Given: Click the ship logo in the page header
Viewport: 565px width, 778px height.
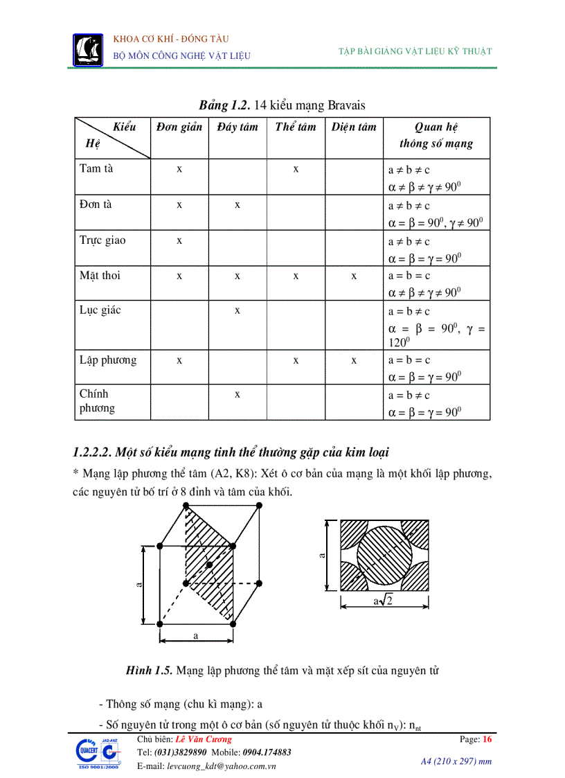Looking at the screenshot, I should pos(88,50).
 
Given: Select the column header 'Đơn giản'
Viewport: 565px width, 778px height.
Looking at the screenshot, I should pos(179,127).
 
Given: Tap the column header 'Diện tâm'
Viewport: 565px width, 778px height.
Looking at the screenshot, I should pos(353,127).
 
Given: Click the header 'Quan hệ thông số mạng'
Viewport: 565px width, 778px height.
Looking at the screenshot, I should pos(436,135).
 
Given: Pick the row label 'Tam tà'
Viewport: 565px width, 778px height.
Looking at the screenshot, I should pos(96,168).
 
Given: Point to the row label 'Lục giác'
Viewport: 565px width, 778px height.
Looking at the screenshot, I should pos(100,310).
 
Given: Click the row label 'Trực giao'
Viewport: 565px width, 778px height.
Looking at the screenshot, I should pos(102,240).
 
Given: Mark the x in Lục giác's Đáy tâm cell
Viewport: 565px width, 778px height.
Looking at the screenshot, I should pos(237,310).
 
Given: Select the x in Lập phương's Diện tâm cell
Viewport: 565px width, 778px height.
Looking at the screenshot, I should pos(354,360).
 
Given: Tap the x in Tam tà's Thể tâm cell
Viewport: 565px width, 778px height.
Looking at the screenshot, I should pos(296,169).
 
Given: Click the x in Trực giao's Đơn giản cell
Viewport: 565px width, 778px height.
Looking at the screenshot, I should pos(179,240).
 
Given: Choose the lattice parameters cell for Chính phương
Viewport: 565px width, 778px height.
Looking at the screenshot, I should pos(436,403).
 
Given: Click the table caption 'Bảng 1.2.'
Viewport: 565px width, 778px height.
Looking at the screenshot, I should pos(224,105).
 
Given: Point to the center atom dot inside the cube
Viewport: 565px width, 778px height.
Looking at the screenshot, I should pos(210,565).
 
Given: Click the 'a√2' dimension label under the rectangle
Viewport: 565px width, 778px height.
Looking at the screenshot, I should pos(383,601).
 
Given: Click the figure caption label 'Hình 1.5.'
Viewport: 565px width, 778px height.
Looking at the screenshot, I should pos(149,671).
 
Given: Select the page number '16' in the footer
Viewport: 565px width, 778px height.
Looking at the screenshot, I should pos(487,739).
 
